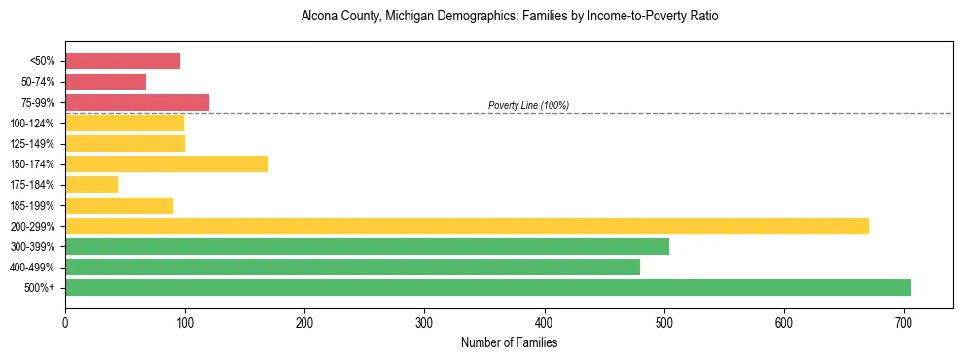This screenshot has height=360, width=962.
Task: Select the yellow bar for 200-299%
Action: [x=467, y=226]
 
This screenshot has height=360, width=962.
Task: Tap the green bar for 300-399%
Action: [x=367, y=246]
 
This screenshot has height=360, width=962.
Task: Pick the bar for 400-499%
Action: [x=352, y=267]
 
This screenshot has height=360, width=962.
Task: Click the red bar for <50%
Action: [x=123, y=61]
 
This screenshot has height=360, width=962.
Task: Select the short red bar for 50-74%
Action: [x=105, y=82]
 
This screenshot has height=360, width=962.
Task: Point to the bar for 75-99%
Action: [x=137, y=102]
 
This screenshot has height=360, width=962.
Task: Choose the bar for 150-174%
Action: [x=166, y=163]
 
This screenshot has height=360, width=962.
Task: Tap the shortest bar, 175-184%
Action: [x=91, y=184]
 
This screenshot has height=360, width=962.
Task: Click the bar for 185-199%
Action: [x=119, y=205]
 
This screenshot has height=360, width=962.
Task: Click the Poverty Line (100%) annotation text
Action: [x=528, y=105]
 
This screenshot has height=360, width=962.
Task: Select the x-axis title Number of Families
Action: [x=509, y=342]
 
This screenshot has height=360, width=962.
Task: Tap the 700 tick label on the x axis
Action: [x=904, y=322]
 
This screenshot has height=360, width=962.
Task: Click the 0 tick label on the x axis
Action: [x=65, y=322]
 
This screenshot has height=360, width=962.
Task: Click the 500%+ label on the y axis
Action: [x=39, y=288]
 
